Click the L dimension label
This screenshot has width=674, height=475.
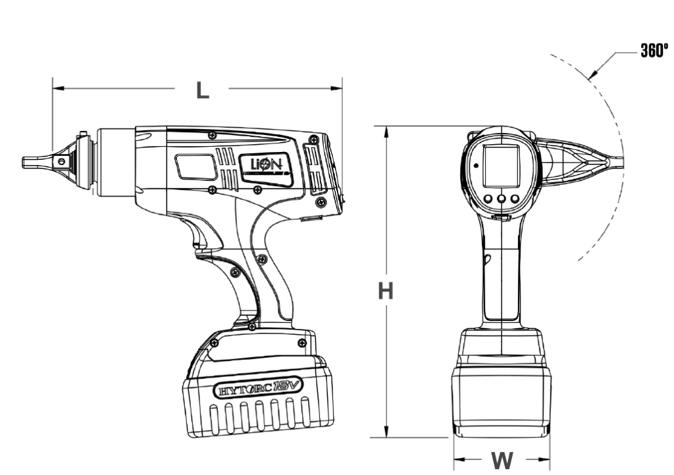[203, 89]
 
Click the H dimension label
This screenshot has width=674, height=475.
[386, 291]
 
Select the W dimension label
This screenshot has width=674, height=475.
[502, 460]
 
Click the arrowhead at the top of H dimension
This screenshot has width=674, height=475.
[387, 130]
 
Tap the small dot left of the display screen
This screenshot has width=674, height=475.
[475, 166]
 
